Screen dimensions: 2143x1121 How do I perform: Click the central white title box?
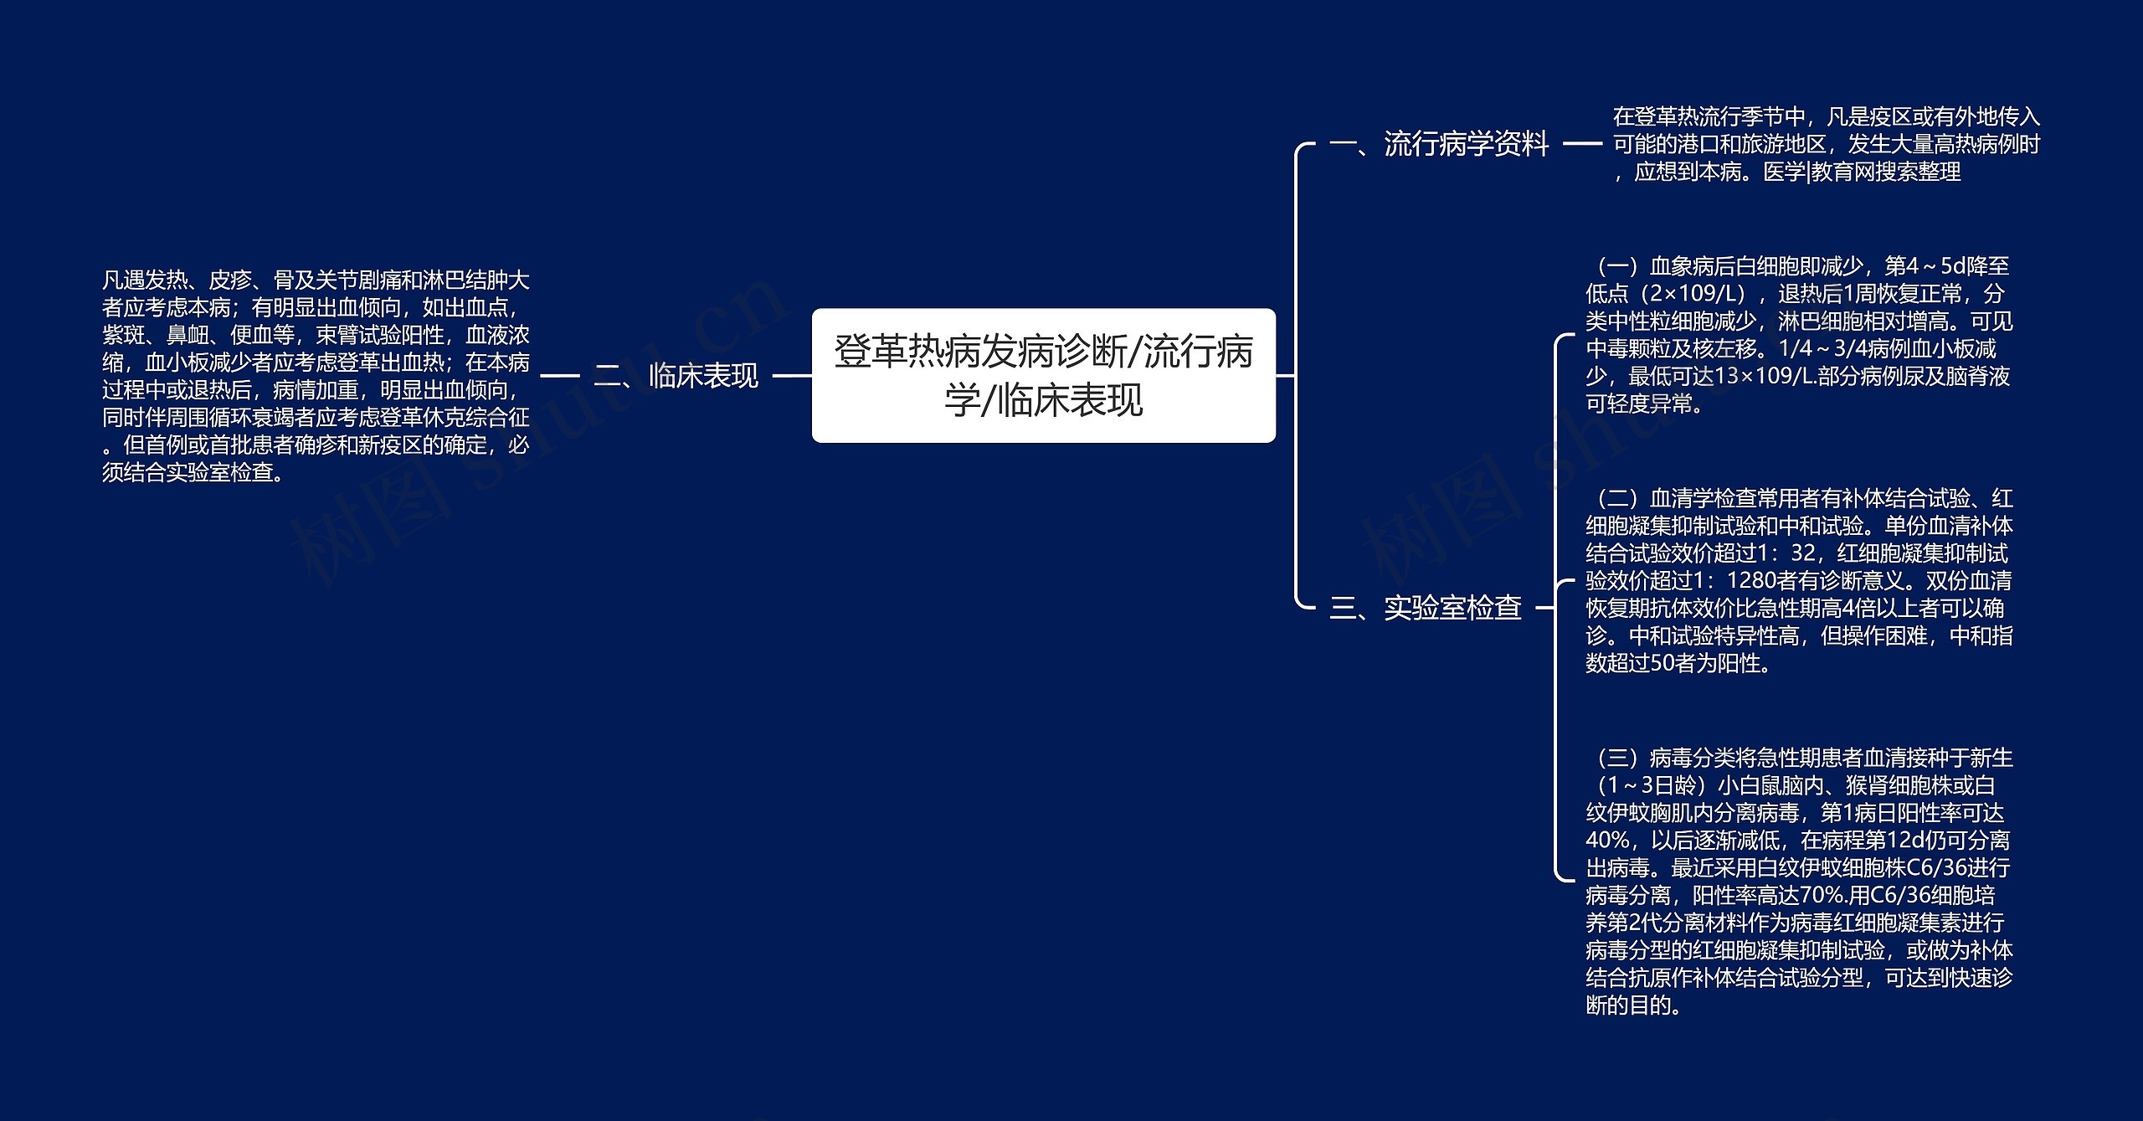(x=1043, y=375)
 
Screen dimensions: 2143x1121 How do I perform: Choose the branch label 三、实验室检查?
(x=1425, y=608)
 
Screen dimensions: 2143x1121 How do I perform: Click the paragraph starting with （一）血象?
(x=1797, y=335)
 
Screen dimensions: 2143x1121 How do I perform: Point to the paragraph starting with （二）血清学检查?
(x=1799, y=581)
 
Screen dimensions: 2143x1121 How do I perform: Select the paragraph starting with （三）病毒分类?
(x=1799, y=882)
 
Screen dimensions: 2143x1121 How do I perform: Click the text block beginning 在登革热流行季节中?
(x=1826, y=144)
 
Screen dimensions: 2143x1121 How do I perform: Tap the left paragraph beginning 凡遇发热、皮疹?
(x=316, y=376)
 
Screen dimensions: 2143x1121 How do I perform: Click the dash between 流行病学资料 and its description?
(x=1581, y=144)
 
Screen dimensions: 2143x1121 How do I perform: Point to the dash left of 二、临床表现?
(x=560, y=376)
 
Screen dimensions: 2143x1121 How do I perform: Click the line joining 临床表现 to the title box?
(x=791, y=376)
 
